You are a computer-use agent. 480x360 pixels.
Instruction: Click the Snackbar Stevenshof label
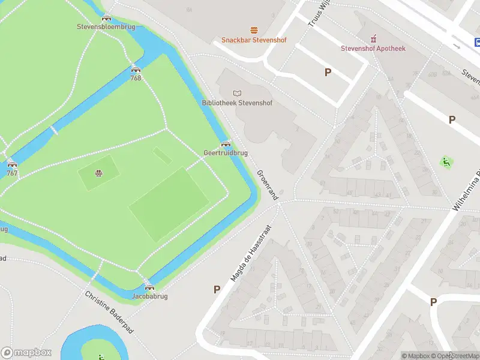pyautogui.click(x=254, y=40)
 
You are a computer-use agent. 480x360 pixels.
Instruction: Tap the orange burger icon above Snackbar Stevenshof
pyautogui.click(x=254, y=30)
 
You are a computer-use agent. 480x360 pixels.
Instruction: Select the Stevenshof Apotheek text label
pyautogui.click(x=373, y=49)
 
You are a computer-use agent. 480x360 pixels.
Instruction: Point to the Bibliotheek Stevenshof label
pyautogui.click(x=237, y=103)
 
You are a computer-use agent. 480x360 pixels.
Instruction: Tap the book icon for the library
pyautogui.click(x=237, y=92)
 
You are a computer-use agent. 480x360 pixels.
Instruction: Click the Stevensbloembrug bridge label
pyautogui.click(x=106, y=26)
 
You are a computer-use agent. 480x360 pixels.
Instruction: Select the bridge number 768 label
pyautogui.click(x=136, y=78)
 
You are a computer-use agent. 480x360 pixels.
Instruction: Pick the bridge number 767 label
pyautogui.click(x=11, y=173)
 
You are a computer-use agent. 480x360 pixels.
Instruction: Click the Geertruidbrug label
pyautogui.click(x=226, y=153)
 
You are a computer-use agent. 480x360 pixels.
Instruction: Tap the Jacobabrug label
pyautogui.click(x=149, y=296)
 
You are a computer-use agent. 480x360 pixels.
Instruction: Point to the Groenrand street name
pyautogui.click(x=268, y=185)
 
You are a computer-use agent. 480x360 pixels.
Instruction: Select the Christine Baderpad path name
pyautogui.click(x=109, y=311)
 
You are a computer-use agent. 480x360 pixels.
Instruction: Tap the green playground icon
pyautogui.click(x=446, y=162)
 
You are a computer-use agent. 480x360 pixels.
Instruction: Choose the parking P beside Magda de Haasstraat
pyautogui.click(x=217, y=289)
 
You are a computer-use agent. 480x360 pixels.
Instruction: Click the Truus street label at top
pyautogui.click(x=316, y=13)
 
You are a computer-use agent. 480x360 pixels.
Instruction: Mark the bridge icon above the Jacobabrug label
pyautogui.click(x=149, y=287)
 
